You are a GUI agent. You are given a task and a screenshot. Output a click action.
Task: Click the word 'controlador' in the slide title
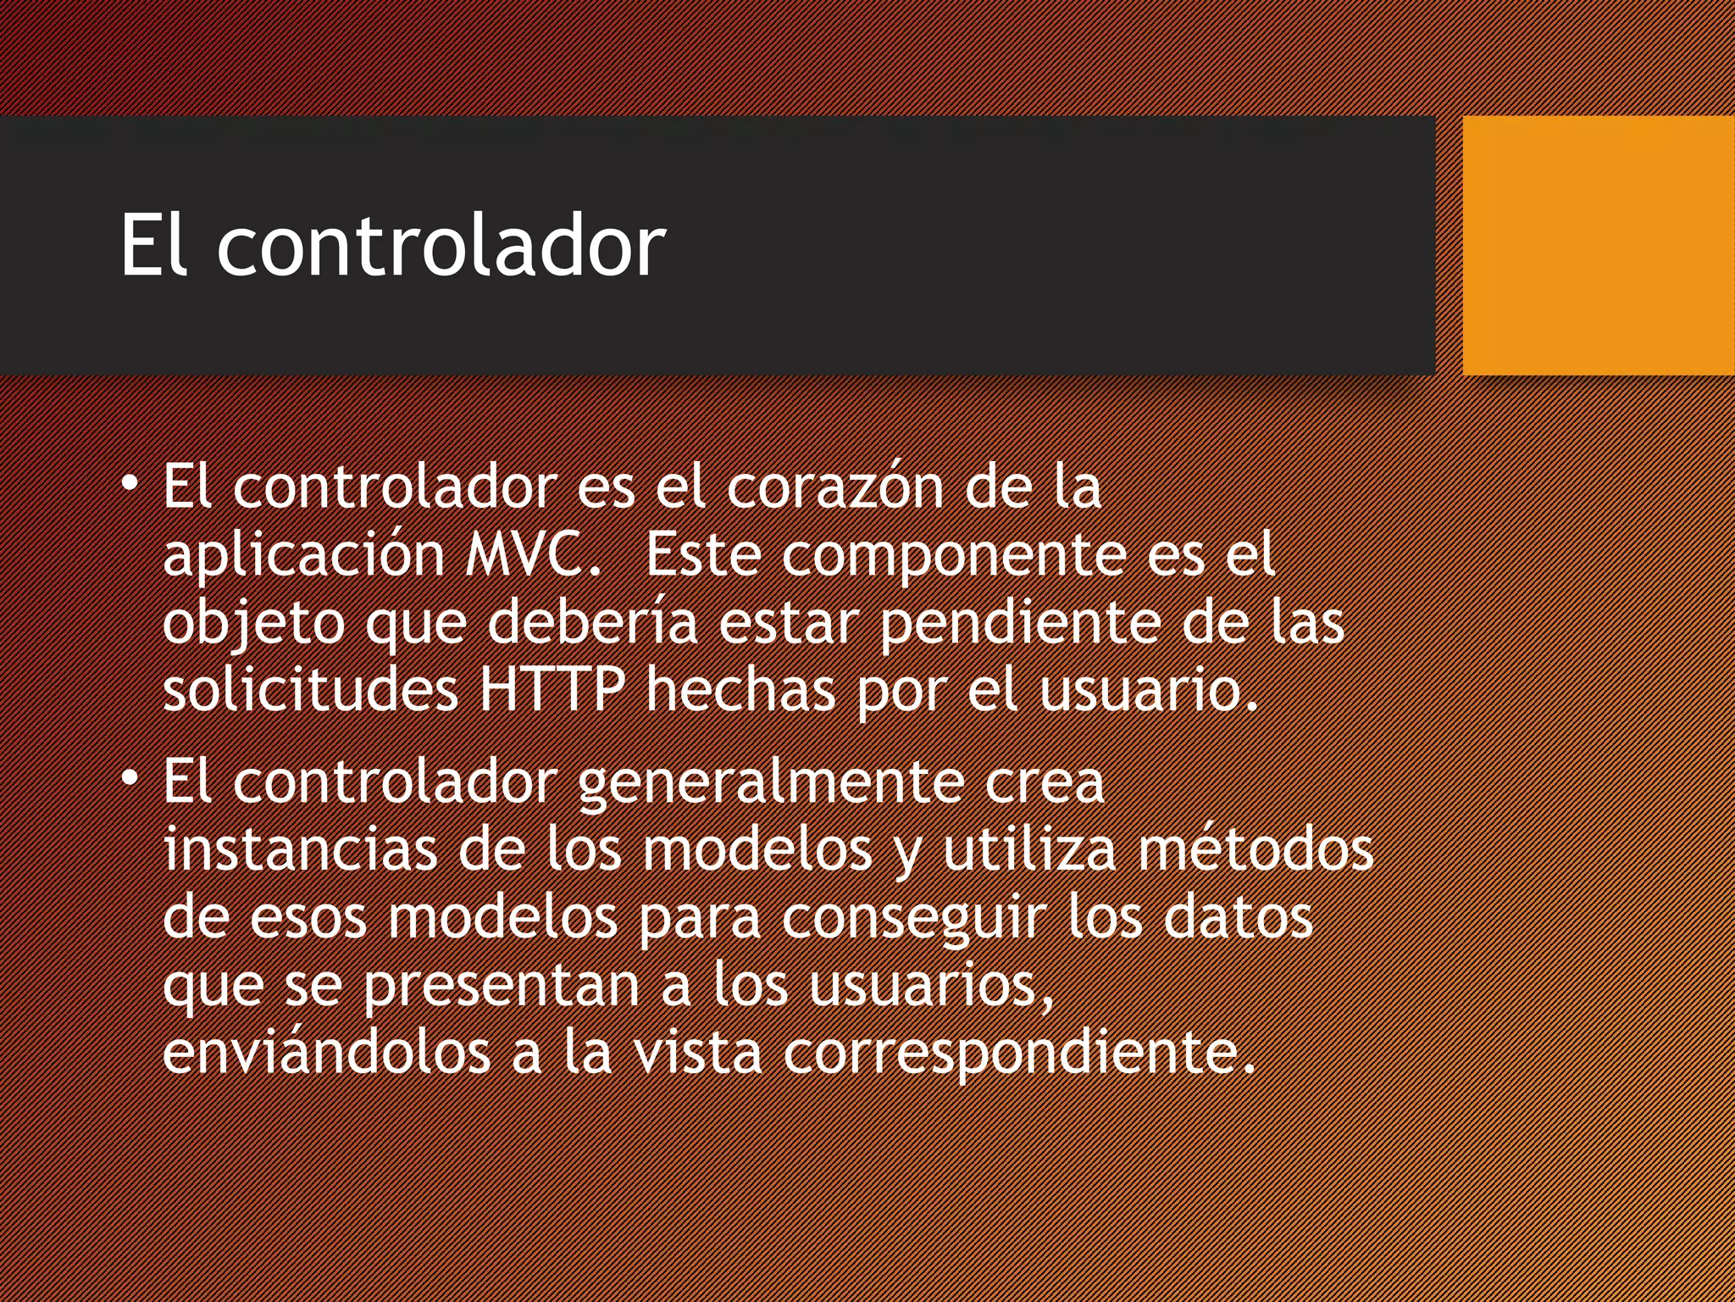(x=441, y=246)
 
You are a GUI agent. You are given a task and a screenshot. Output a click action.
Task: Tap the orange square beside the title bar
(x=1598, y=246)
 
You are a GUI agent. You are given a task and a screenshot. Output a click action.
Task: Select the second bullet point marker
(x=129, y=778)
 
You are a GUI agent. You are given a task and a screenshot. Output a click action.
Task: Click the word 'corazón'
(x=834, y=488)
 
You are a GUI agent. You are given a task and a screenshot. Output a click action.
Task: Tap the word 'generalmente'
(x=770, y=784)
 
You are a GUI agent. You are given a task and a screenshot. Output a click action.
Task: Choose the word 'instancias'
(x=301, y=849)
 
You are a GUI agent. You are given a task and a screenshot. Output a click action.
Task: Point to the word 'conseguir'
(x=913, y=919)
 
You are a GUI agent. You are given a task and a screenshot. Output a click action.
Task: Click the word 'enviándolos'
(x=326, y=1053)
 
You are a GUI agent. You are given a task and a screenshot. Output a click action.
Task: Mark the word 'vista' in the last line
(x=698, y=1053)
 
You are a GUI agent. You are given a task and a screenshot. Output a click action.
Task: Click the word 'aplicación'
(x=304, y=556)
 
